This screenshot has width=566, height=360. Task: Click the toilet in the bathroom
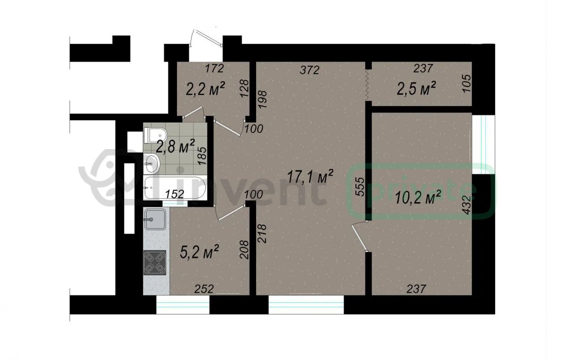point(155,135)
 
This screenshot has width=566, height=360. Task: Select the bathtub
point(175,188)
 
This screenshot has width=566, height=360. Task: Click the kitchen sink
point(155,219)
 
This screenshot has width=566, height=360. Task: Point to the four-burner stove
point(155,262)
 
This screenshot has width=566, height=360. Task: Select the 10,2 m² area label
point(418,198)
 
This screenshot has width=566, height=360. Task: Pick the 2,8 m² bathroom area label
point(175,146)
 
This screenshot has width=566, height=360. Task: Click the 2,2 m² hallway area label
point(205,89)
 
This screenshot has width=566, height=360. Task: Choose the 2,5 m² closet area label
point(416,89)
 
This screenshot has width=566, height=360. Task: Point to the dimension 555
point(360,186)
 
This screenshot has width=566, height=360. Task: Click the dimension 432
point(468,205)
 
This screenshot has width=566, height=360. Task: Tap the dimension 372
point(310,70)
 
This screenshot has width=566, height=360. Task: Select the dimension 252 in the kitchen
point(204,289)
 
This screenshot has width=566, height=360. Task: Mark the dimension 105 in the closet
point(467,83)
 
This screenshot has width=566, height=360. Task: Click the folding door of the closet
point(368,85)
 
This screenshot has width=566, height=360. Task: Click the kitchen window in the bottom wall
point(183,305)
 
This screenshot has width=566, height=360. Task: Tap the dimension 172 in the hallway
point(215,68)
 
